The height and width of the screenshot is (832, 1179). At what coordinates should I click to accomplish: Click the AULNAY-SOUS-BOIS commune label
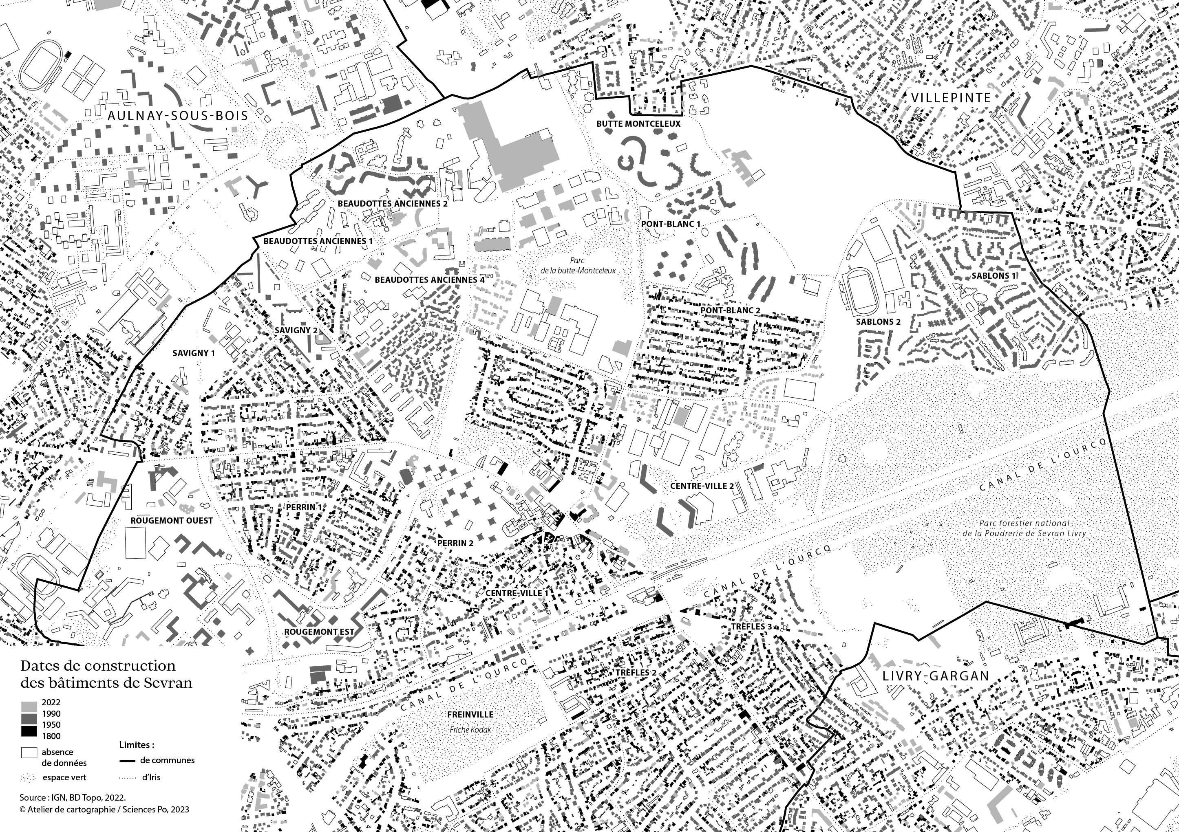(178, 116)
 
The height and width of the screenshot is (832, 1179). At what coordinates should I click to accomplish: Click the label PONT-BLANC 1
(671, 224)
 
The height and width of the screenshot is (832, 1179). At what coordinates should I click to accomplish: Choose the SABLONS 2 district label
(878, 322)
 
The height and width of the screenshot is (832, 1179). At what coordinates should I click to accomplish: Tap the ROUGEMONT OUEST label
(172, 520)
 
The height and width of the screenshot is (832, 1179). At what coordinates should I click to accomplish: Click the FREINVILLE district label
(470, 715)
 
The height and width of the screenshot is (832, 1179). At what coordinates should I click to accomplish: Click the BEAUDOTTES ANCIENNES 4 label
(429, 280)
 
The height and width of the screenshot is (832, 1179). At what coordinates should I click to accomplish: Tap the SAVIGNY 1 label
(194, 353)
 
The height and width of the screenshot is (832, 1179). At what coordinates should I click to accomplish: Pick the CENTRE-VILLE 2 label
(702, 486)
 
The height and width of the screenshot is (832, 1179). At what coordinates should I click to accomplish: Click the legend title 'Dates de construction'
(97, 666)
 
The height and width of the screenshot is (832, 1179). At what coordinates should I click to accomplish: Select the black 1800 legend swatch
(30, 735)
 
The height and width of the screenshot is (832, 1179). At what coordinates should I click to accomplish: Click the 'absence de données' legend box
(29, 753)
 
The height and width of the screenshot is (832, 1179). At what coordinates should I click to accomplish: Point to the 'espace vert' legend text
(64, 777)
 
